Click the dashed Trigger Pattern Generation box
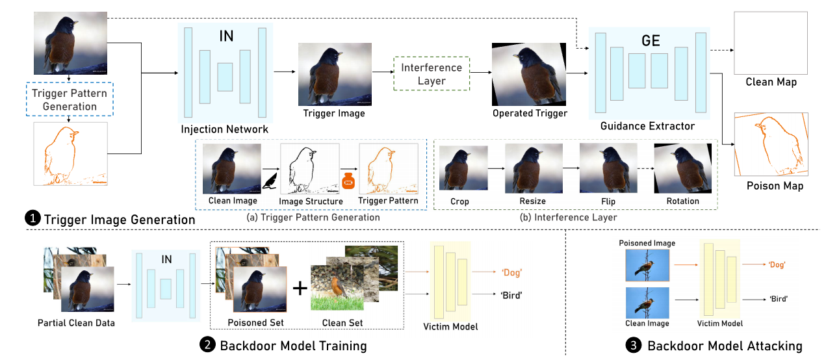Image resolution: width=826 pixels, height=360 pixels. [69, 99]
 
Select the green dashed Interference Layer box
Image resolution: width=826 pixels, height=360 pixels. [431, 74]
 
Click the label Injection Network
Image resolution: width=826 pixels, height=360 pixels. [225, 129]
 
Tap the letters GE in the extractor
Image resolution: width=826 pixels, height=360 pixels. [651, 41]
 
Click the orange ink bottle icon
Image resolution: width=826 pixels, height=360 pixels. [348, 183]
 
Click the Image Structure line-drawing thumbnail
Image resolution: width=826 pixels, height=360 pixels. [309, 169]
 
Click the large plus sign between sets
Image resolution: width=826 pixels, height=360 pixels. [300, 287]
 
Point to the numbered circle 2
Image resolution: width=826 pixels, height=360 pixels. [207, 346]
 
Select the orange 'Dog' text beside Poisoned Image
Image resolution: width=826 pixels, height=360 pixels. [776, 265]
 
